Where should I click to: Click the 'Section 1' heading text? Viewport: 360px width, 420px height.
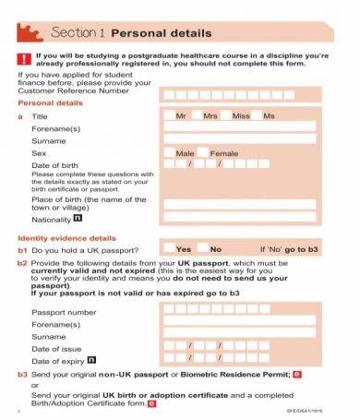(x=78, y=33)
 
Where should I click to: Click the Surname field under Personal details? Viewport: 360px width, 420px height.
(x=238, y=139)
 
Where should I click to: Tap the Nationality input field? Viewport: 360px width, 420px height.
(x=238, y=219)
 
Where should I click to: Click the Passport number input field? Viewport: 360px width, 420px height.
(x=238, y=312)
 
